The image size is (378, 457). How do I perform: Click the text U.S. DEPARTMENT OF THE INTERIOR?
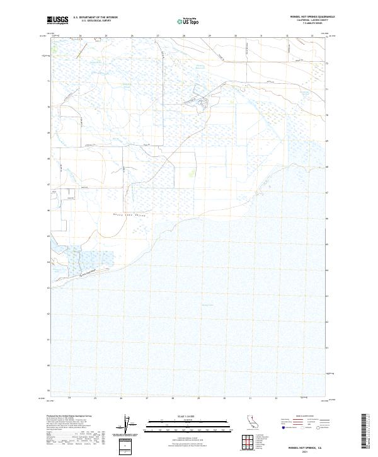pyautogui.click(x=96, y=17)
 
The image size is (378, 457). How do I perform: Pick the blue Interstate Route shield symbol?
pyautogui.click(x=283, y=428)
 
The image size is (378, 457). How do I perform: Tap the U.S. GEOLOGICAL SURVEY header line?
pyautogui.click(x=94, y=20)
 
